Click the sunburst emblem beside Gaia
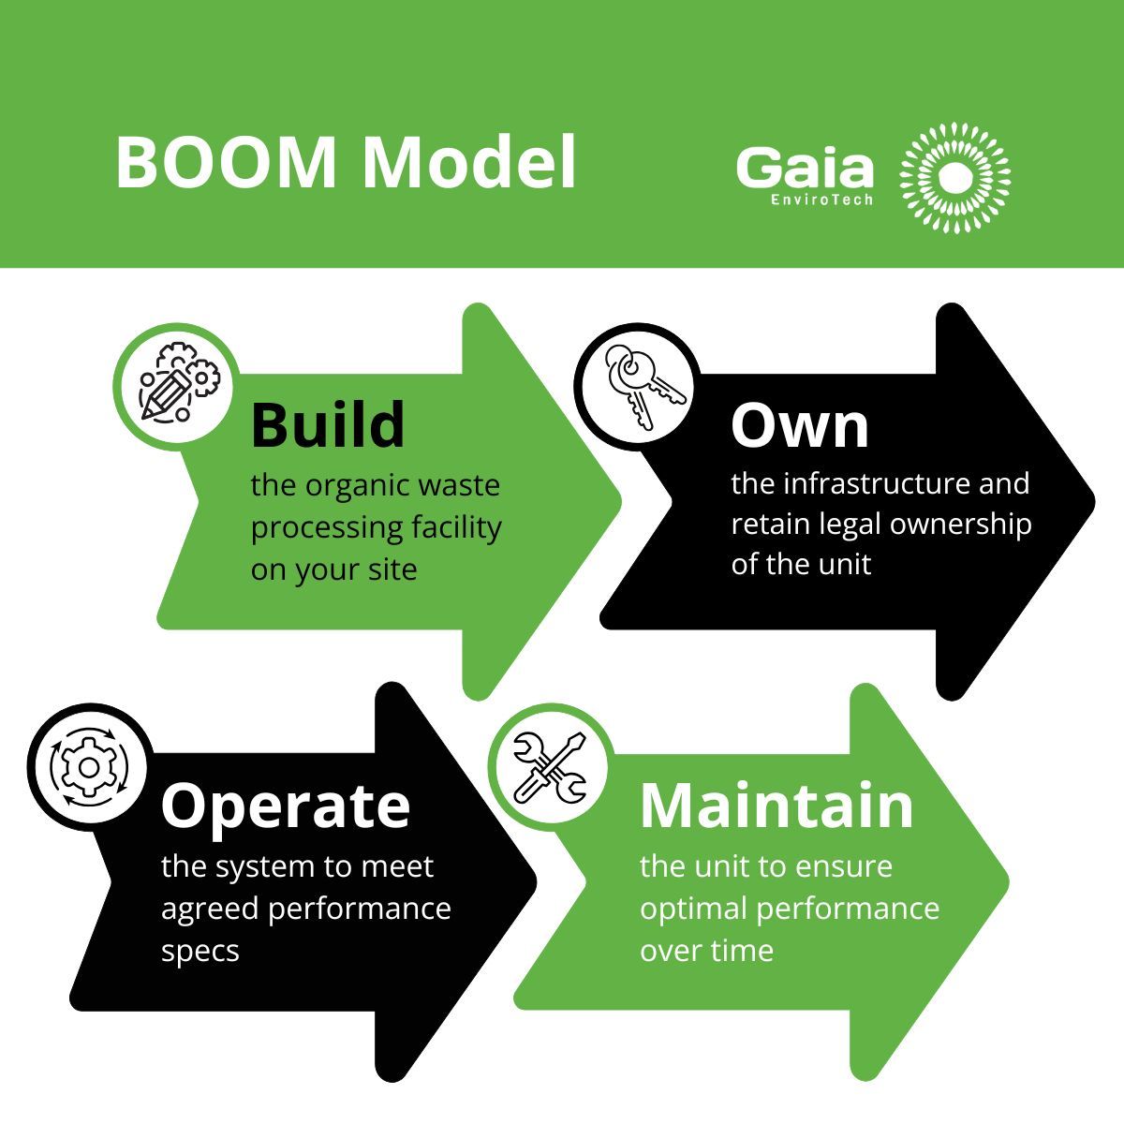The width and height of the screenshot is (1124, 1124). (x=954, y=177)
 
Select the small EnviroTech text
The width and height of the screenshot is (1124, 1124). (x=821, y=200)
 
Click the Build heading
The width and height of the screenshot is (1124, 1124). (x=328, y=424)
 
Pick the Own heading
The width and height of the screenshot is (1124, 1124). (x=800, y=426)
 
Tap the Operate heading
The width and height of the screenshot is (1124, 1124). (x=286, y=807)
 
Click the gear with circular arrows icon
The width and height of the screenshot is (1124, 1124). (x=89, y=768)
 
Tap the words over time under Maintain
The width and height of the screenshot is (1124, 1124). (x=706, y=951)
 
